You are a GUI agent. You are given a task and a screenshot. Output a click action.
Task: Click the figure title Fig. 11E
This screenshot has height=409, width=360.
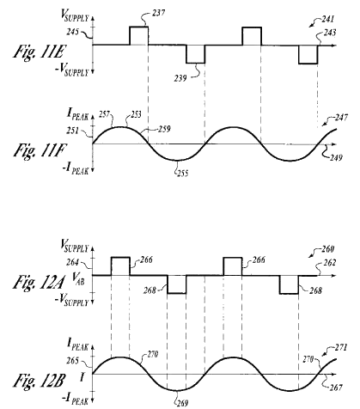[40, 52]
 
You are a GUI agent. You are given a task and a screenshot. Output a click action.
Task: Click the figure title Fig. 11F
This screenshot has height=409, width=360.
[40, 150]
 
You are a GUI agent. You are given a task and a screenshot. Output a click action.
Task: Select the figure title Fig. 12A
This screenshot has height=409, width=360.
[39, 282]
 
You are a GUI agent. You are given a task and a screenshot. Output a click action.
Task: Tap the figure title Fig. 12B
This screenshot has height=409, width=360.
[38, 381]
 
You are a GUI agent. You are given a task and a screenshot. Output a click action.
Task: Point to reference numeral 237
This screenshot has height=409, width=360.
[158, 13]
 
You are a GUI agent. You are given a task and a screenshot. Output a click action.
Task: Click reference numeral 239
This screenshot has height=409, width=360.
[180, 78]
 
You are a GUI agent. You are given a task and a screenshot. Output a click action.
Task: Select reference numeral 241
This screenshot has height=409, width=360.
[328, 19]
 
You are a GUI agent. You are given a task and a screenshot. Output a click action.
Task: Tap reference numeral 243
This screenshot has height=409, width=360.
[330, 33]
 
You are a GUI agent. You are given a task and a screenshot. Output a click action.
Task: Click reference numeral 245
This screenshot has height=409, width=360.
[73, 32]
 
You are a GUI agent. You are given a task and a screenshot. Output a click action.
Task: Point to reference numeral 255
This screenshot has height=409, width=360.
[182, 173]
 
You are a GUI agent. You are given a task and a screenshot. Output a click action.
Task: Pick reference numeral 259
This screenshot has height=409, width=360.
[164, 129]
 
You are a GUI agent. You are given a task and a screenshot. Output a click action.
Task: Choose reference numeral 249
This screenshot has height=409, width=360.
[336, 157]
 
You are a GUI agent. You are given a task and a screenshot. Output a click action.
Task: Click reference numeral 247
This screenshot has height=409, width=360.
[342, 117]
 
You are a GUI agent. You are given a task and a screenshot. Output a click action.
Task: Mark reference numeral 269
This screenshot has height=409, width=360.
[182, 403]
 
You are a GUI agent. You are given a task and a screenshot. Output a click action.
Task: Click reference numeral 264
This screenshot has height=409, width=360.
[72, 262]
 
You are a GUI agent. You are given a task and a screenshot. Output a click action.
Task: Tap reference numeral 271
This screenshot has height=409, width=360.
[341, 347]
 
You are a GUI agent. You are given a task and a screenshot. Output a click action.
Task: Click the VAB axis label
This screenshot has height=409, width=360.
[78, 278]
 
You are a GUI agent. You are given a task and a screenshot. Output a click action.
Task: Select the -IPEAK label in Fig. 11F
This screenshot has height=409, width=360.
[76, 168]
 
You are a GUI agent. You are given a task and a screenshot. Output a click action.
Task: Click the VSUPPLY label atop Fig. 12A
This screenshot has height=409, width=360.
[75, 247]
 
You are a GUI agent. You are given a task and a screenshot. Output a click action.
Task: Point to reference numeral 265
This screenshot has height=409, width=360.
[72, 361]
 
